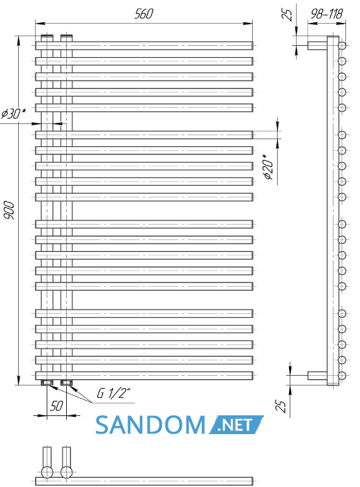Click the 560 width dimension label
[x=143, y=14]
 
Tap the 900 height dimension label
[x=9, y=210]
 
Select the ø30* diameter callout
[x=13, y=113]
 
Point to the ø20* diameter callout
[x=269, y=167]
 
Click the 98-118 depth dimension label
[x=327, y=13]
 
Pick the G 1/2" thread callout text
[x=114, y=393]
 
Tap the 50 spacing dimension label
[x=56, y=406]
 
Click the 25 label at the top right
[x=288, y=15]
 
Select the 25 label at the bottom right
[x=281, y=406]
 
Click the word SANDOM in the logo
[x=150, y=425]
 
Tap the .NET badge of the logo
[x=236, y=424]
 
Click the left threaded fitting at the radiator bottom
[x=47, y=383]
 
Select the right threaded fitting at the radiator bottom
[x=67, y=383]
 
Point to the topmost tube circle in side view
[x=342, y=46]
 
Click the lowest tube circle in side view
[x=342, y=376]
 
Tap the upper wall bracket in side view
[x=318, y=46]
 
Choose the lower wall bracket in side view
[x=318, y=376]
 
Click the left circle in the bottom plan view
[x=47, y=472]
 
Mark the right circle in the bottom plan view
[x=67, y=472]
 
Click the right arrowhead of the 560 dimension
[x=248, y=23]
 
